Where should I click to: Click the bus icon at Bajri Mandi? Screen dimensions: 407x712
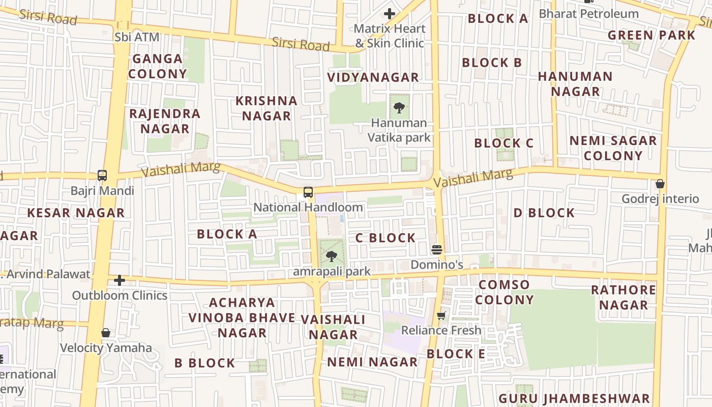(x=102, y=176)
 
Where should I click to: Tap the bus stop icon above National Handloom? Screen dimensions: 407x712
(x=308, y=192)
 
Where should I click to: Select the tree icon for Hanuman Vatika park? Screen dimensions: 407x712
(x=399, y=108)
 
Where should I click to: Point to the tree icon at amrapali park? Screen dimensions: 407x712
(x=332, y=256)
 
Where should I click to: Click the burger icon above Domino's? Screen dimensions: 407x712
(x=437, y=250)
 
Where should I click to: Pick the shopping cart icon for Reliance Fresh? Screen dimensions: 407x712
(x=441, y=316)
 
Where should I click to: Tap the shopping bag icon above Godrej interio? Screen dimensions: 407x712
(x=660, y=184)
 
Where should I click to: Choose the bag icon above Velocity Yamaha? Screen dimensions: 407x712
(x=106, y=333)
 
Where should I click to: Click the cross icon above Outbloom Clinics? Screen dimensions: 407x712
(x=120, y=280)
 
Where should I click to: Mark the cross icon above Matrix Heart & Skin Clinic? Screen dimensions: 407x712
(x=390, y=14)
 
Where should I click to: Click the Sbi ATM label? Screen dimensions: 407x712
(x=137, y=37)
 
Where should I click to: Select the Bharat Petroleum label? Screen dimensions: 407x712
(x=588, y=14)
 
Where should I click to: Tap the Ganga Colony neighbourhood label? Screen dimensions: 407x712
(x=157, y=66)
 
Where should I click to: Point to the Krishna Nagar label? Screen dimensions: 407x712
(x=266, y=108)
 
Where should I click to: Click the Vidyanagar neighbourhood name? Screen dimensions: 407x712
(x=373, y=77)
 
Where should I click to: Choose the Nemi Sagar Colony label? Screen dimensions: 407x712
(x=613, y=148)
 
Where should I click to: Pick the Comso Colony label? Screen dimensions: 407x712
(x=504, y=292)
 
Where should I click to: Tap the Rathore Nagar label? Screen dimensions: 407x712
(x=624, y=298)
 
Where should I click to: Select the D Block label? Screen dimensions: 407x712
(x=544, y=213)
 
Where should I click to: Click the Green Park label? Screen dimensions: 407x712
(x=651, y=35)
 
